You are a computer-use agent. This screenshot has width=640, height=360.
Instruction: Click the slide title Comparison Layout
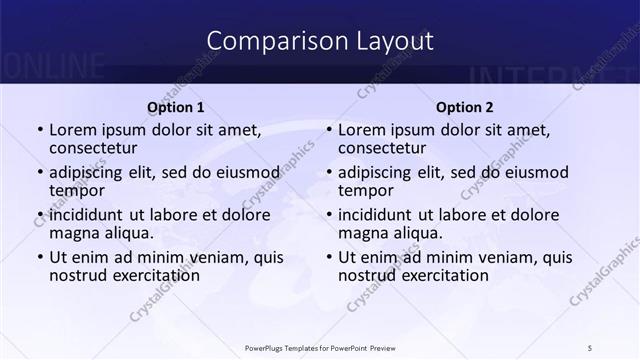[320, 41]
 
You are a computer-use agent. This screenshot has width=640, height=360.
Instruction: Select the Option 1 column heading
[176, 107]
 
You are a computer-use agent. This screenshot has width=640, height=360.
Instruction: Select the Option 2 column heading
[465, 107]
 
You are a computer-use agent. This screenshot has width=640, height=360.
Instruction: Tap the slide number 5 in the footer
[590, 347]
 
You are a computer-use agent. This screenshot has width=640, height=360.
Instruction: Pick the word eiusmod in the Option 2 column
[532, 172]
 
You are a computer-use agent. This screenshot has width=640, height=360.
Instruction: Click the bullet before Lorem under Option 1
[39, 131]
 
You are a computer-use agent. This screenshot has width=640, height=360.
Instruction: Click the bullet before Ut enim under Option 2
[328, 258]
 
